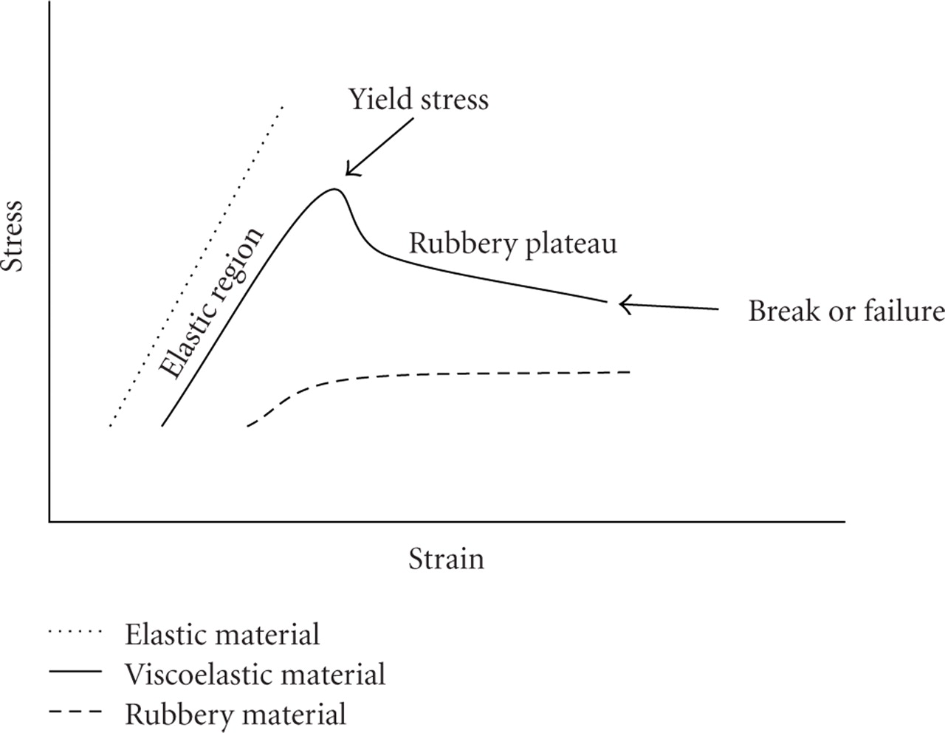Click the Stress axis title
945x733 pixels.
[15, 235]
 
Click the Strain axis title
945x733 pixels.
[446, 559]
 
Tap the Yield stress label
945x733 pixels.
[418, 99]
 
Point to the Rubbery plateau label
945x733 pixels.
[512, 244]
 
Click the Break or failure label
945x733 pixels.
[846, 312]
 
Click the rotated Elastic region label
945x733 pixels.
[212, 304]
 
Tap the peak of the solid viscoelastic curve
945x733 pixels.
[334, 190]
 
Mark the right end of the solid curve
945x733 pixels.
[607, 301]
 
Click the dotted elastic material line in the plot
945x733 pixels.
[196, 266]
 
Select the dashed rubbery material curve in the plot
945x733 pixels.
[443, 375]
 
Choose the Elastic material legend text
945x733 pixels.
[222, 635]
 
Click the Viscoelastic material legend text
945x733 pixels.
[255, 675]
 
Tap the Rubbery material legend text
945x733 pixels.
[236, 714]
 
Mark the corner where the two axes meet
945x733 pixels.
[49, 522]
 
